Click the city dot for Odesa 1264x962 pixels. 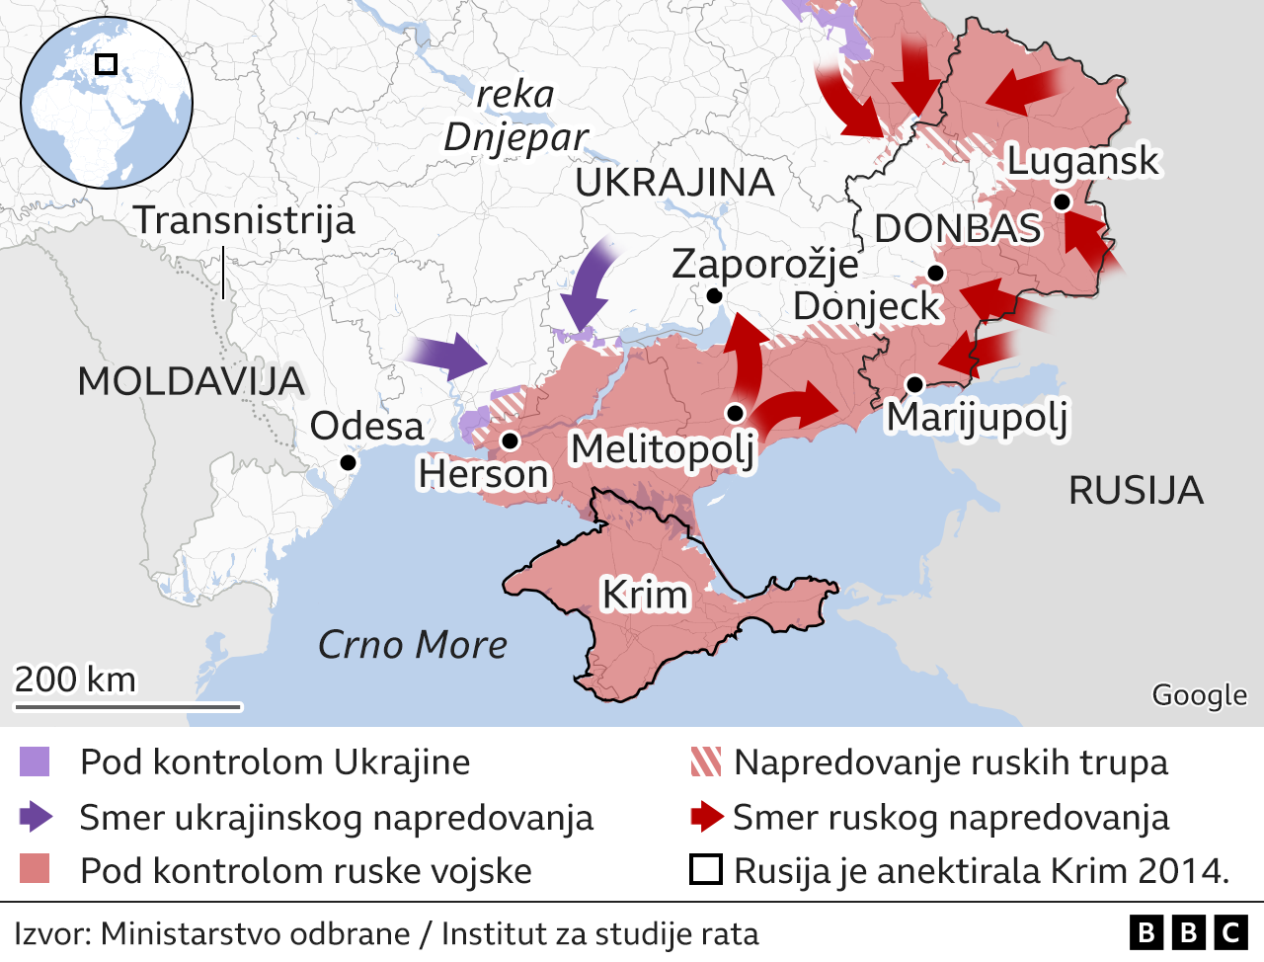coord(348,462)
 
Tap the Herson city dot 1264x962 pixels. coord(511,441)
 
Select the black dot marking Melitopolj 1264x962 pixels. coord(735,413)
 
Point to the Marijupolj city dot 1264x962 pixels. coord(914,384)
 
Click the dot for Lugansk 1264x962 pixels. coord(1062,201)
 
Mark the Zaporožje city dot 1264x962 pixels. coord(714,295)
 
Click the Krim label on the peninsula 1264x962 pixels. coord(645,595)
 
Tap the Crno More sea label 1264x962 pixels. coord(412,645)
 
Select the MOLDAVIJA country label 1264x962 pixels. coord(191,381)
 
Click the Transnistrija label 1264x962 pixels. coord(244,219)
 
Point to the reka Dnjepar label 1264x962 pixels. coord(515,117)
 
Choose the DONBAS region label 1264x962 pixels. coord(958,228)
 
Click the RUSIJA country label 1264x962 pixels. coord(1136,490)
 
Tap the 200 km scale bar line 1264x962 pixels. coord(127,706)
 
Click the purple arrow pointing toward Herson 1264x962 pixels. coord(446,356)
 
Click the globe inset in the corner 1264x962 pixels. coord(107,102)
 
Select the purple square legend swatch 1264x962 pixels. coord(34,762)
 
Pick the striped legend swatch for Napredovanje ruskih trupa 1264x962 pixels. coord(706,762)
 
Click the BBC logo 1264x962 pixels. coord(1188,932)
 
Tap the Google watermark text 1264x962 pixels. coord(1199,695)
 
